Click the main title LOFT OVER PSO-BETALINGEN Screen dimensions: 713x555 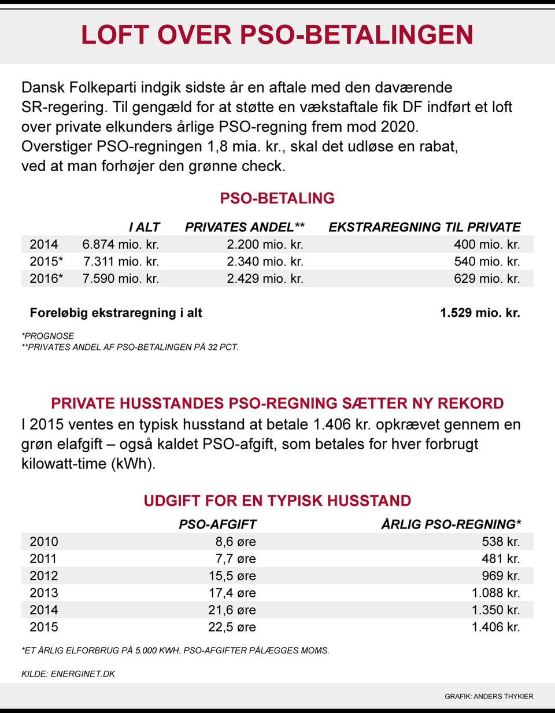click(x=277, y=35)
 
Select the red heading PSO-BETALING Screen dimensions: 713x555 click(x=277, y=198)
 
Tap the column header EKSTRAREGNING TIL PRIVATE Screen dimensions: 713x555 click(x=424, y=227)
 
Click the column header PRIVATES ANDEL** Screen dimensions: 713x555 click(x=245, y=227)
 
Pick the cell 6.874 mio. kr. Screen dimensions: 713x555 click(x=120, y=245)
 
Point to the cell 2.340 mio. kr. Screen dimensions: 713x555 click(x=265, y=261)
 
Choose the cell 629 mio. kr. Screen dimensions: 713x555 click(x=487, y=279)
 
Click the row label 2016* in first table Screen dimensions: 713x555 click(x=46, y=279)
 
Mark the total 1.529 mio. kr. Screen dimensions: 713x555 click(x=480, y=313)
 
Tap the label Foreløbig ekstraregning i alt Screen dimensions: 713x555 click(x=116, y=313)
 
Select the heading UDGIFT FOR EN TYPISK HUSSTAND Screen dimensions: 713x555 click(x=277, y=501)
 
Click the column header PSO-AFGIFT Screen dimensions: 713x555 click(x=217, y=524)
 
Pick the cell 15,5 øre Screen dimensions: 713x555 click(x=232, y=576)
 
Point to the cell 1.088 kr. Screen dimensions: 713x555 click(x=495, y=593)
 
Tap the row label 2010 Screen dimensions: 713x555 click(x=44, y=542)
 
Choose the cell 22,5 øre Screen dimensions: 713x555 click(x=232, y=627)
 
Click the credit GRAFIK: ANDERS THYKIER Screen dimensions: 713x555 click(x=489, y=696)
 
